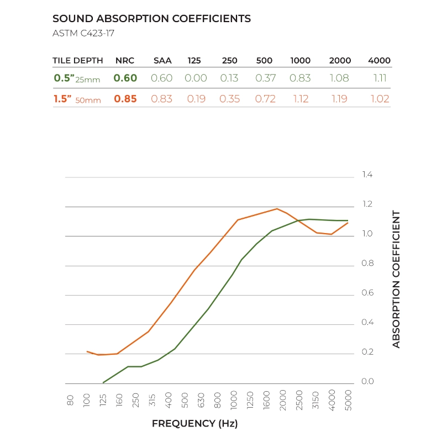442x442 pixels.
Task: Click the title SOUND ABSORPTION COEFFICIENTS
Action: (x=151, y=19)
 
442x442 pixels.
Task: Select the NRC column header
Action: (x=125, y=61)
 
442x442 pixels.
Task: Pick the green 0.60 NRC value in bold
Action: (x=125, y=78)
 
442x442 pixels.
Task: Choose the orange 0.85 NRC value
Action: (x=125, y=99)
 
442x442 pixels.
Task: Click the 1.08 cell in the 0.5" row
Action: (x=339, y=78)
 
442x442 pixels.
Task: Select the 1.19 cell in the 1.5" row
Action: (x=339, y=99)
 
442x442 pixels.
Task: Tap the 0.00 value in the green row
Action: (x=196, y=78)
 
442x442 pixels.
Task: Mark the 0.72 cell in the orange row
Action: (x=266, y=99)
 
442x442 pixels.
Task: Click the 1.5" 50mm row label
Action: (x=77, y=99)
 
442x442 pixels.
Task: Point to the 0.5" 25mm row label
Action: (x=77, y=78)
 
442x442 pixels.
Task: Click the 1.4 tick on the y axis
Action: (x=367, y=175)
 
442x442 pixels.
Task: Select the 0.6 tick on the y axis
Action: (x=367, y=293)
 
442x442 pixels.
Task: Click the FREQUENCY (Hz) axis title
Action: (x=194, y=424)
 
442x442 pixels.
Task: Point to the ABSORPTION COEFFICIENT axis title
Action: (x=396, y=279)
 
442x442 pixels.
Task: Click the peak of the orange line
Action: (x=277, y=209)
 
